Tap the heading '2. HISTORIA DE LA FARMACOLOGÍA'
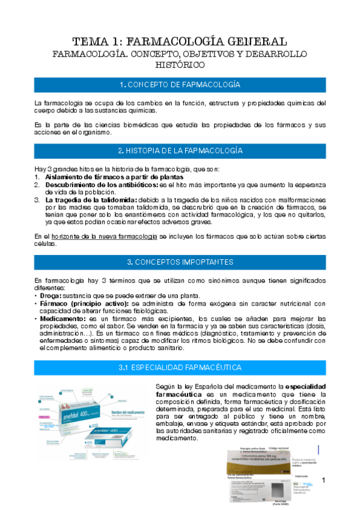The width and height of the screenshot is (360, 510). coord(180,150)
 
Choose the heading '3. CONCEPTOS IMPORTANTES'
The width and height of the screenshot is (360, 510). coord(180,262)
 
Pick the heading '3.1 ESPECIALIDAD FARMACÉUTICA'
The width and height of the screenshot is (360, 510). coord(180,367)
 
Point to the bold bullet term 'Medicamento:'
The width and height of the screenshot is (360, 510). coord(61,318)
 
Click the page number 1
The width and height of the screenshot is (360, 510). coord(323,479)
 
